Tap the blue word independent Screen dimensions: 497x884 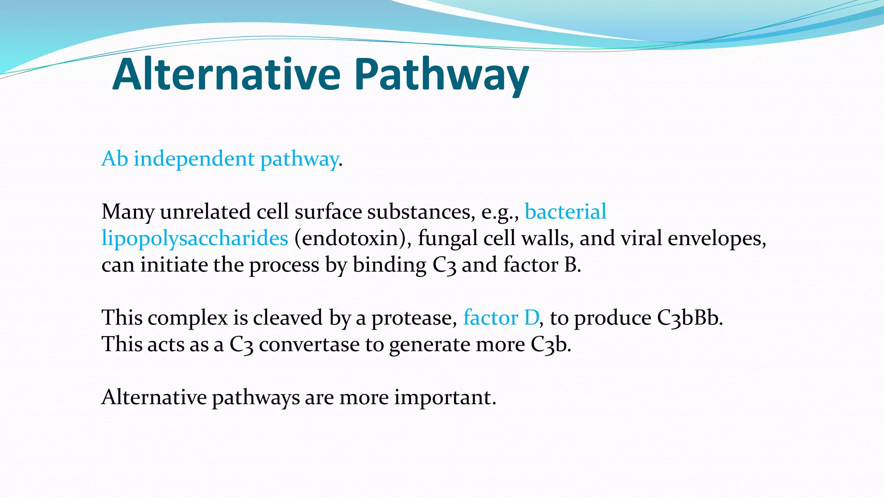tap(194, 159)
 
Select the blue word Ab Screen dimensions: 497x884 tap(115, 158)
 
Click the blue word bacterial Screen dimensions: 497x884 tap(565, 212)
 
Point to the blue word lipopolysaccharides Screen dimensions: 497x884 tap(195, 238)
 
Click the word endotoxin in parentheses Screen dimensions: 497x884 tap(353, 238)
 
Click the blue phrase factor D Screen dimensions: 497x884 tap(501, 318)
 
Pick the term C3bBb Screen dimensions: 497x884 tap(689, 318)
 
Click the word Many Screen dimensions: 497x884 tap(128, 212)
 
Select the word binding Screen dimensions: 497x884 tap(389, 265)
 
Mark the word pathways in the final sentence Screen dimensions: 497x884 tap(256, 398)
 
